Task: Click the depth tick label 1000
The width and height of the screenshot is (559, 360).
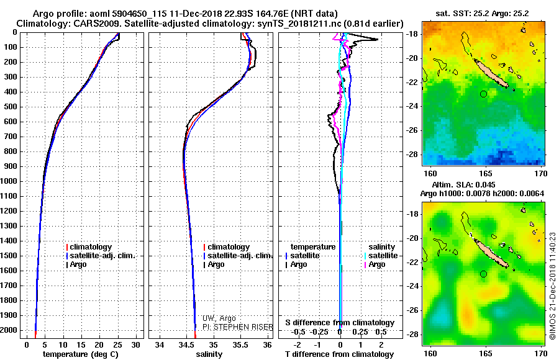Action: pyautogui.click(x=12, y=181)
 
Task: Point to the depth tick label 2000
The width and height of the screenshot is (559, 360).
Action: pyautogui.click(x=12, y=330)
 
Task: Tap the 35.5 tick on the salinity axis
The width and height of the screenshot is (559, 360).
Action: pyautogui.click(x=240, y=344)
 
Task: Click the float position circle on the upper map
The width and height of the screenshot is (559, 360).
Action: pyautogui.click(x=483, y=94)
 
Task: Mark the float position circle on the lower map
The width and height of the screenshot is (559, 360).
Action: pyautogui.click(x=483, y=274)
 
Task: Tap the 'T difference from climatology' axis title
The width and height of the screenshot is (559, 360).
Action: pyautogui.click(x=340, y=354)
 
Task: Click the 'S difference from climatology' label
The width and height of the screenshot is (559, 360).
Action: pyautogui.click(x=340, y=323)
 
